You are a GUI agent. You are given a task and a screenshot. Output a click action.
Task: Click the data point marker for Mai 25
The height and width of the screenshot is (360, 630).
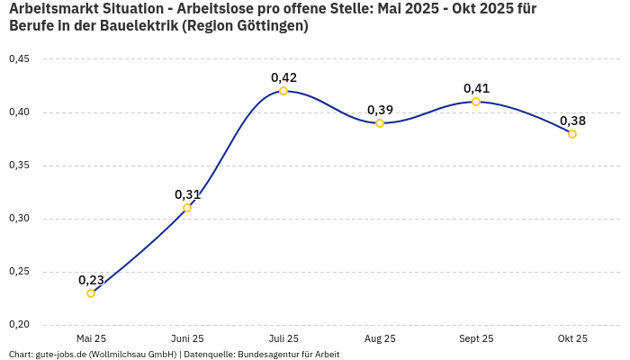click(x=91, y=293)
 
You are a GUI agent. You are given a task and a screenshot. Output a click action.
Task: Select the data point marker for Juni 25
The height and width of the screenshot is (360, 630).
click(x=187, y=208)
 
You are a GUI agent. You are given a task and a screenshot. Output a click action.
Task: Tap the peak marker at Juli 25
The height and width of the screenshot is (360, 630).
click(x=283, y=91)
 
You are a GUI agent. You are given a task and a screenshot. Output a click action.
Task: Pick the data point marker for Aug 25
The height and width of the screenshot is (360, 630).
click(x=380, y=123)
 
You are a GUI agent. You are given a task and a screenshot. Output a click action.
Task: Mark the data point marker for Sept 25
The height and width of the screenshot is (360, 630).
click(x=476, y=102)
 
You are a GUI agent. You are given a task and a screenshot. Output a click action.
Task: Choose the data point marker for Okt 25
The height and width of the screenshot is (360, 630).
click(x=572, y=134)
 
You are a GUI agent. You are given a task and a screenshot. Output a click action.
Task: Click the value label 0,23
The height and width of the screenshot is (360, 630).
click(x=91, y=280)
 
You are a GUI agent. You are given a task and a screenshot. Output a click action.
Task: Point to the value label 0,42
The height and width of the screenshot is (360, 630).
click(x=283, y=77)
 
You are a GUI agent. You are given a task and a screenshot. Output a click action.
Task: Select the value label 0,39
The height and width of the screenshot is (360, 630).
click(x=380, y=110)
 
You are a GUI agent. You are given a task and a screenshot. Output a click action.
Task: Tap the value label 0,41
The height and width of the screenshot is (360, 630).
click(x=476, y=88)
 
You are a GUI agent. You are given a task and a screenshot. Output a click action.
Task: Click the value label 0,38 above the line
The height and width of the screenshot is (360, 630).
click(x=572, y=121)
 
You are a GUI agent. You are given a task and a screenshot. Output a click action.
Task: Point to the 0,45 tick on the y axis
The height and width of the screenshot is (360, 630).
click(x=19, y=59)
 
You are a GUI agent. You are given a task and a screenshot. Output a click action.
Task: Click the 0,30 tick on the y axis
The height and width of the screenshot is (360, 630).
click(x=19, y=219)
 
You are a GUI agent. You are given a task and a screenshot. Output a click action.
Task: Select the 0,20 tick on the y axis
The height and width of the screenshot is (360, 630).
click(x=19, y=325)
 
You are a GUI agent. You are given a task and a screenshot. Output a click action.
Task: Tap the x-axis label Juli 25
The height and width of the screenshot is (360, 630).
click(x=283, y=338)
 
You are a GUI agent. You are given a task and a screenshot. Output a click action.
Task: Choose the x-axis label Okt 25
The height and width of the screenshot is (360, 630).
click(x=572, y=338)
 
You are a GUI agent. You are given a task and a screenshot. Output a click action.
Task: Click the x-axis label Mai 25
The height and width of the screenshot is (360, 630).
click(x=91, y=338)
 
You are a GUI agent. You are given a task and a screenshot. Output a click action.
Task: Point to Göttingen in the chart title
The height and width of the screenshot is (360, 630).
click(x=267, y=26)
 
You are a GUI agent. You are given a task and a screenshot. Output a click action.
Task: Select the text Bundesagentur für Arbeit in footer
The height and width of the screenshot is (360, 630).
click(x=289, y=355)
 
